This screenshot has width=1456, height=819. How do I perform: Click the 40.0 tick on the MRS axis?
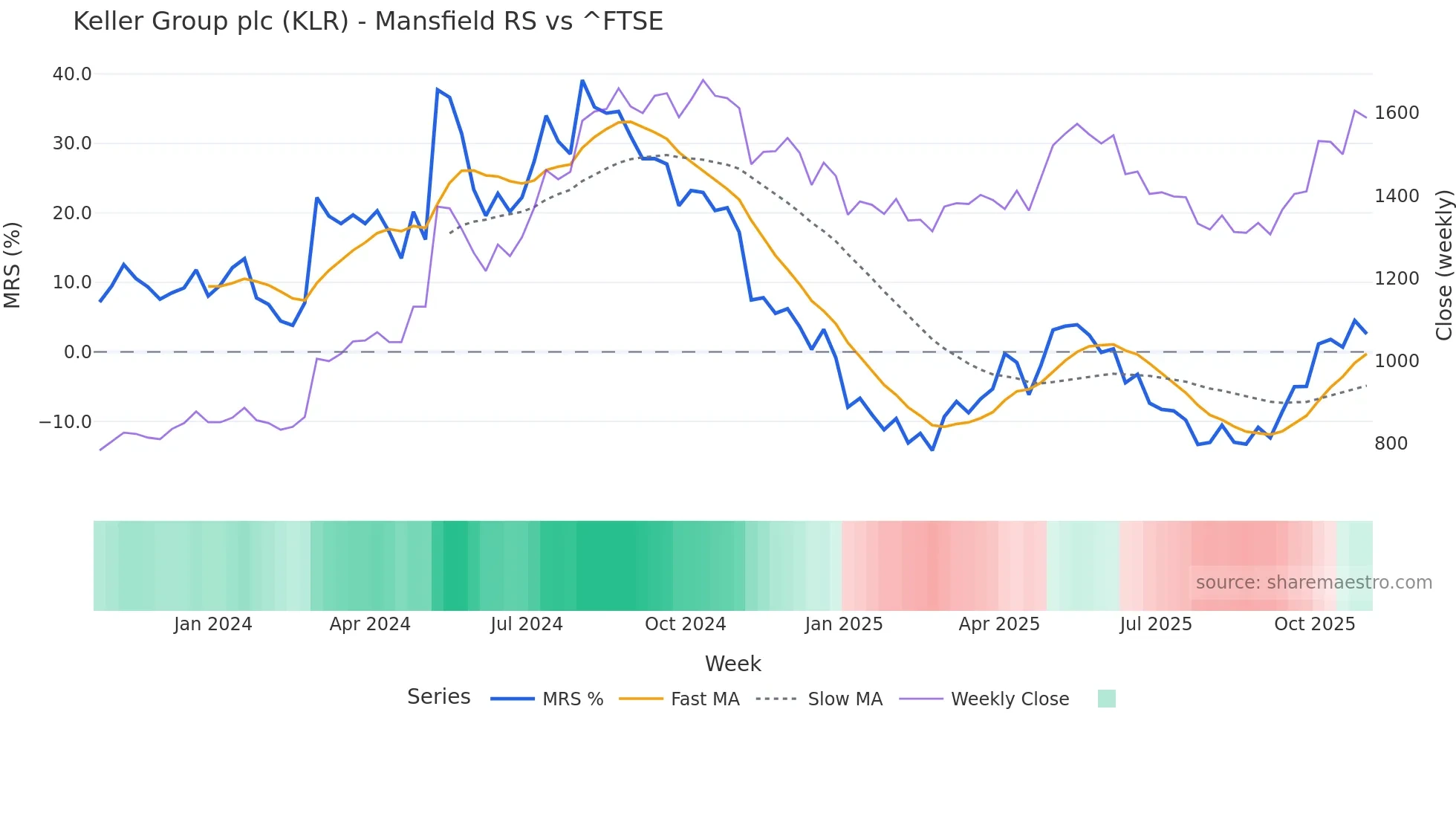[x=72, y=74]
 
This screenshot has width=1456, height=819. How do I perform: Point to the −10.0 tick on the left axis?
[x=65, y=422]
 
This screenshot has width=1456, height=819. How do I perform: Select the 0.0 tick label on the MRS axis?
[x=77, y=352]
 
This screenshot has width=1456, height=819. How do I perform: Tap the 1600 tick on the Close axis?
[x=1397, y=113]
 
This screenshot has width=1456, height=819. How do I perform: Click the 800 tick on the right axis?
[x=1391, y=444]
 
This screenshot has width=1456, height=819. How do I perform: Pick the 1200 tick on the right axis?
[x=1397, y=279]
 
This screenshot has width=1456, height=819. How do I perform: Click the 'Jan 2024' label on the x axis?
[x=213, y=624]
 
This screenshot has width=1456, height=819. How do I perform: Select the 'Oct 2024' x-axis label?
[x=685, y=624]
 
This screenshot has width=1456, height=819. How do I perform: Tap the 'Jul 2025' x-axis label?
[x=1156, y=624]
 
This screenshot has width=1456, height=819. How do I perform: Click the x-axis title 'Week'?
[x=732, y=664]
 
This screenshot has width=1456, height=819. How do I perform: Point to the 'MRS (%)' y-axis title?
[x=13, y=265]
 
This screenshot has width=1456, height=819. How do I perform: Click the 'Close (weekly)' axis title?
[x=1443, y=265]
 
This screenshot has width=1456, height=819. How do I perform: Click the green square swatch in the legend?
[x=1106, y=699]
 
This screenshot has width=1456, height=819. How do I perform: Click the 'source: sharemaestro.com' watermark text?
[x=1313, y=583]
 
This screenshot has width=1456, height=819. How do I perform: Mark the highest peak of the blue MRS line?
[x=582, y=80]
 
